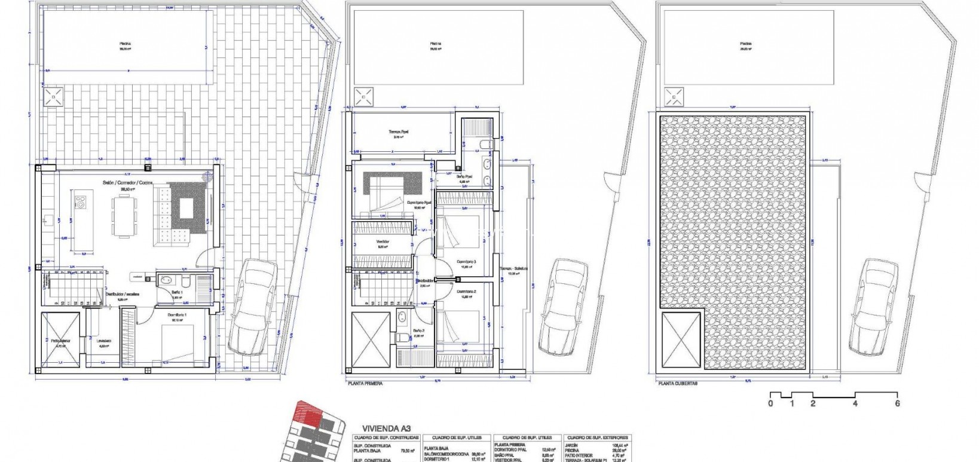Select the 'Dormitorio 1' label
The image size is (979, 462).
coord(175,315)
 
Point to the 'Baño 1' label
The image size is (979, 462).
coord(176,292)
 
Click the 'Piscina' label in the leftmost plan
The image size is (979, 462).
coord(125,44)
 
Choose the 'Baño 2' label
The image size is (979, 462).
coord(418,331)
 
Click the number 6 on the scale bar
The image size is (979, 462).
coord(897,403)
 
